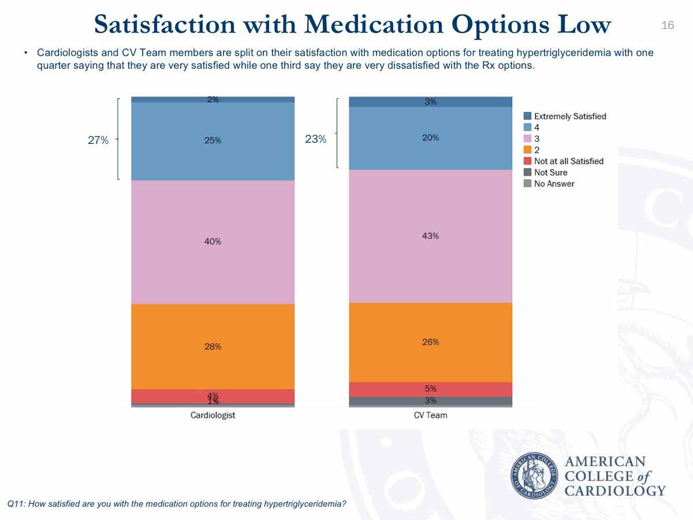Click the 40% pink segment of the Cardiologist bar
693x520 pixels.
click(213, 242)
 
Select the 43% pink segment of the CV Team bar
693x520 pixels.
click(430, 236)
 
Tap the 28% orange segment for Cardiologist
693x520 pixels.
click(213, 347)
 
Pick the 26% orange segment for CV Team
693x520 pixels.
click(430, 342)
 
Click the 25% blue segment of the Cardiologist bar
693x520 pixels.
click(213, 140)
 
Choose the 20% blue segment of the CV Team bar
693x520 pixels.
click(430, 138)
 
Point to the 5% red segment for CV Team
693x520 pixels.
click(430, 389)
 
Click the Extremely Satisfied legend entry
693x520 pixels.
click(569, 116)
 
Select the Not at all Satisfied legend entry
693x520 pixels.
click(568, 161)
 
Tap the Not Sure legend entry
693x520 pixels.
click(550, 172)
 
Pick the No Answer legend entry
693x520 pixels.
click(554, 184)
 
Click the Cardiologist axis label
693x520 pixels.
click(213, 415)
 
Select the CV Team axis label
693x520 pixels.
click(430, 415)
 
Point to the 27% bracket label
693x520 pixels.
click(98, 140)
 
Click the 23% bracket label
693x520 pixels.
click(315, 139)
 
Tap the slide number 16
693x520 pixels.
click(668, 25)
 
